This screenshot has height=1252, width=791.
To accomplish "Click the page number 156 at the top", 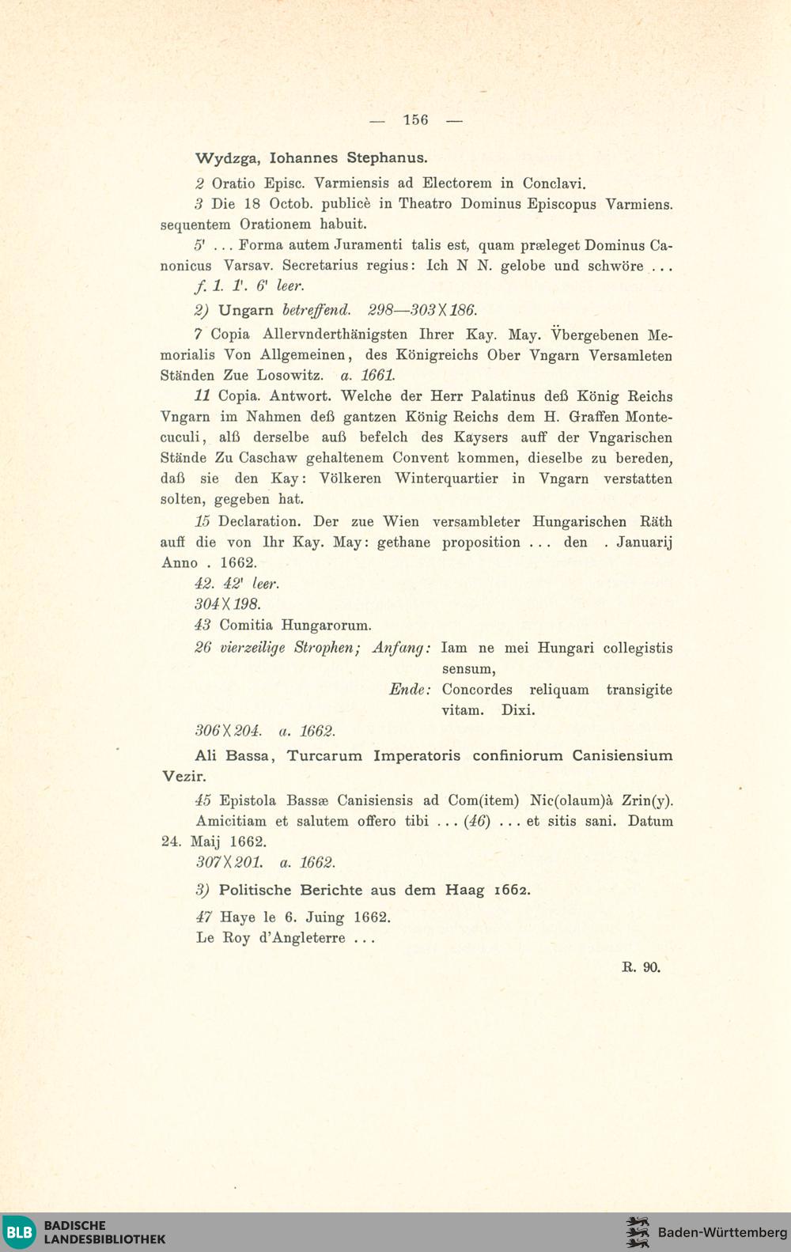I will click(x=415, y=120).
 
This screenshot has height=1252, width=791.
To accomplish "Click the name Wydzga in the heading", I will click(x=227, y=157).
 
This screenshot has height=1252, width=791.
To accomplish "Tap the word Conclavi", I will click(x=554, y=183).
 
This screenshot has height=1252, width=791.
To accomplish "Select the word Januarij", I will click(x=644, y=543).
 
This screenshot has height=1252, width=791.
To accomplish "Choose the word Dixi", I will click(x=518, y=710).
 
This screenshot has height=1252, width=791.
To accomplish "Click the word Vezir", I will click(x=184, y=777).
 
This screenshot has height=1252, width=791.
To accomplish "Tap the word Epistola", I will click(x=248, y=800).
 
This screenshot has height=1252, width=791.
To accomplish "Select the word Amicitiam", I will click(x=232, y=821).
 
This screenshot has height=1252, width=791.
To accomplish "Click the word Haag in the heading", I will click(x=464, y=890).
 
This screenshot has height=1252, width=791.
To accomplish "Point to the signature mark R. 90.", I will click(x=641, y=966).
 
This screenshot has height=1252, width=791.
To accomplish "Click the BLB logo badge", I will click(x=19, y=1232).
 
